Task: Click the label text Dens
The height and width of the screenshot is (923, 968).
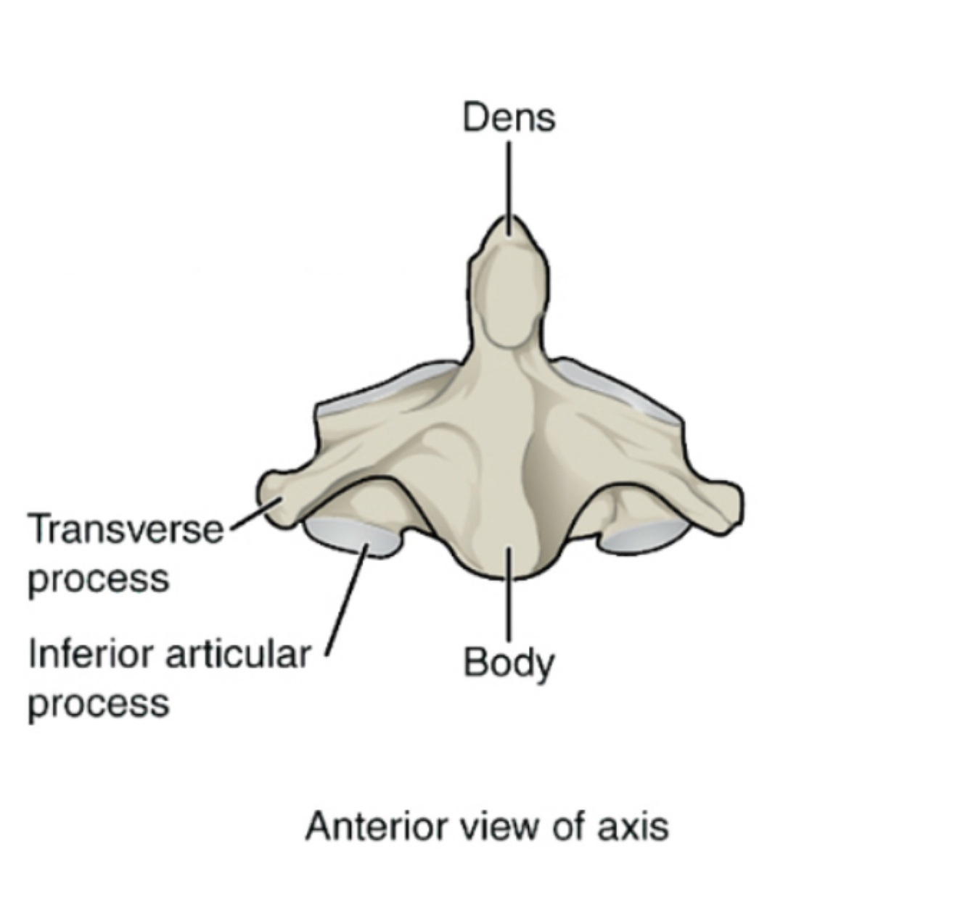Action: click(x=509, y=117)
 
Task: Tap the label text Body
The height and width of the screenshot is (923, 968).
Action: click(x=509, y=663)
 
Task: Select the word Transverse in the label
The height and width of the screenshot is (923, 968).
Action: click(x=125, y=529)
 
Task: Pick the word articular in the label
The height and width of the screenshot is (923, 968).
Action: click(x=237, y=655)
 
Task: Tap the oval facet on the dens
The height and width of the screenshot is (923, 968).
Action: click(x=509, y=297)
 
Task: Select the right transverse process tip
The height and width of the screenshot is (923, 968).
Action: click(x=729, y=504)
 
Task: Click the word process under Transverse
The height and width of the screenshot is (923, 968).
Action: click(x=98, y=579)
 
